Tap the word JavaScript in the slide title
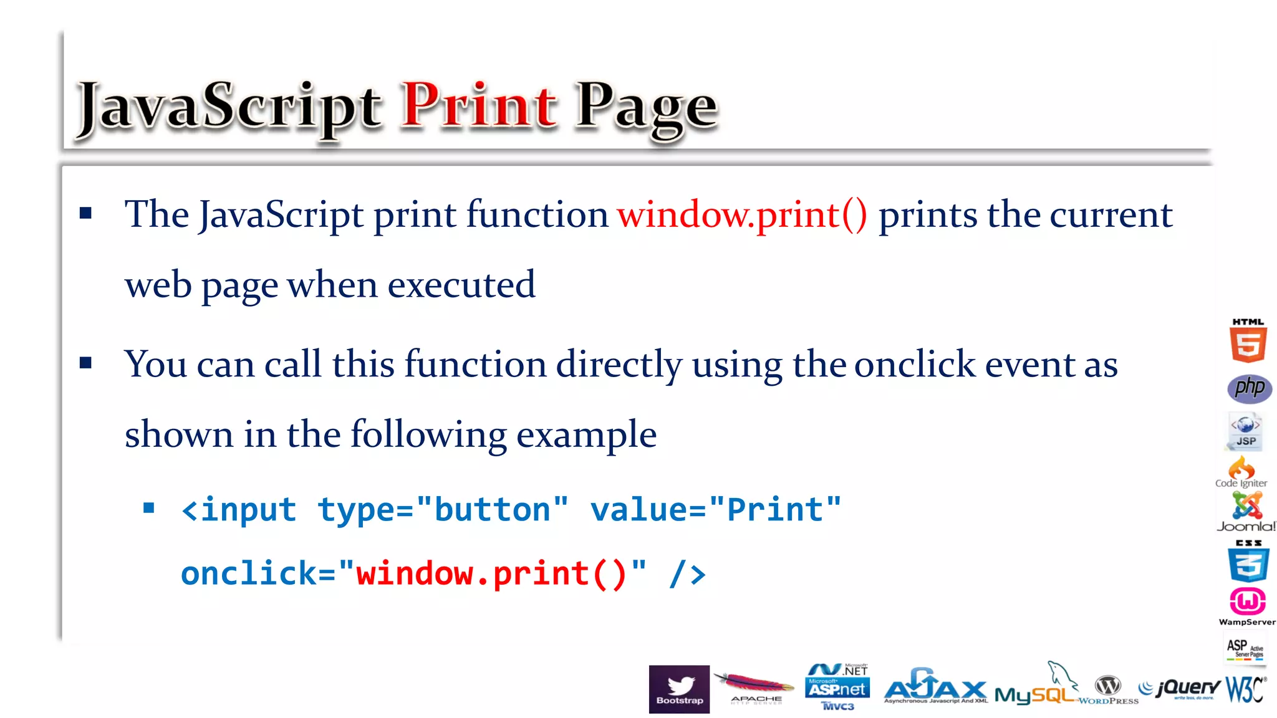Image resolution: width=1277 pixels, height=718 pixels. [x=228, y=107]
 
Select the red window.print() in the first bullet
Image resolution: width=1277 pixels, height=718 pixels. [x=742, y=215]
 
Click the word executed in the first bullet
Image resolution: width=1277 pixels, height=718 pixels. [x=461, y=285]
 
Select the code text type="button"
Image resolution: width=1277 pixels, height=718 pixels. [x=443, y=510]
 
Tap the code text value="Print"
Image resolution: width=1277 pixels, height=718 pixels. [x=716, y=510]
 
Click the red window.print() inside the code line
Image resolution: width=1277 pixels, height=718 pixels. [x=491, y=573]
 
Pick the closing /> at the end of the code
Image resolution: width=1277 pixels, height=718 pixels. [x=687, y=573]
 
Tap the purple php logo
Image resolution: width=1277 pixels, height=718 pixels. [x=1250, y=388]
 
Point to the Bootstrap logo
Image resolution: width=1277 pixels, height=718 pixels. [x=679, y=689]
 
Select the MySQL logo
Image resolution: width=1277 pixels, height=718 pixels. [x=1035, y=691]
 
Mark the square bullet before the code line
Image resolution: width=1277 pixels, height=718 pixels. [x=149, y=508]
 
